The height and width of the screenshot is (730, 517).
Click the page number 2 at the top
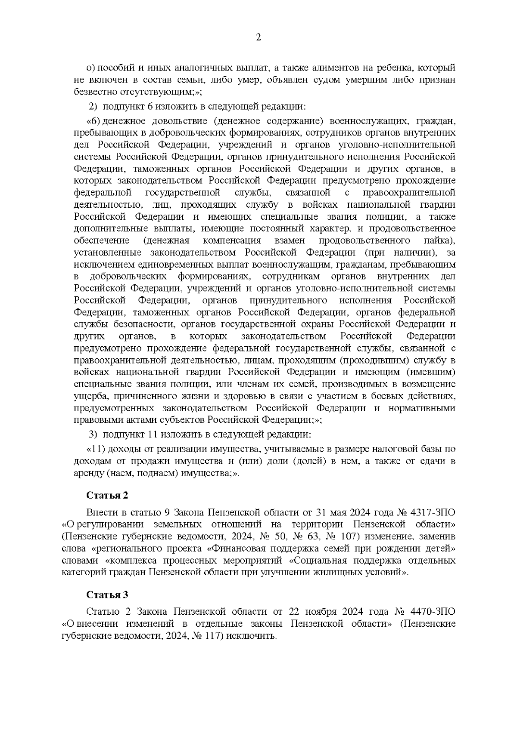click(x=258, y=37)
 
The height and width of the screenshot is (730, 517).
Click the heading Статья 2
click(x=107, y=495)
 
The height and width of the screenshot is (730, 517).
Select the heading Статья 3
click(x=107, y=594)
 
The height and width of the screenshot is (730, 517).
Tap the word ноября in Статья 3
click(x=322, y=612)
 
